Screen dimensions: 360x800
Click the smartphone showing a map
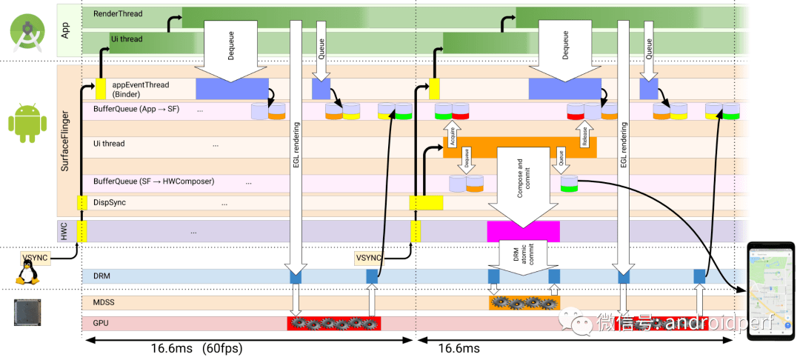pyautogui.click(x=771, y=291)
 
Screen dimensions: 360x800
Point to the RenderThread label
pyautogui.click(x=118, y=13)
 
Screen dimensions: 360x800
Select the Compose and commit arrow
pyautogui.click(x=522, y=185)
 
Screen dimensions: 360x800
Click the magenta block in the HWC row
pyautogui.click(x=523, y=230)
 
